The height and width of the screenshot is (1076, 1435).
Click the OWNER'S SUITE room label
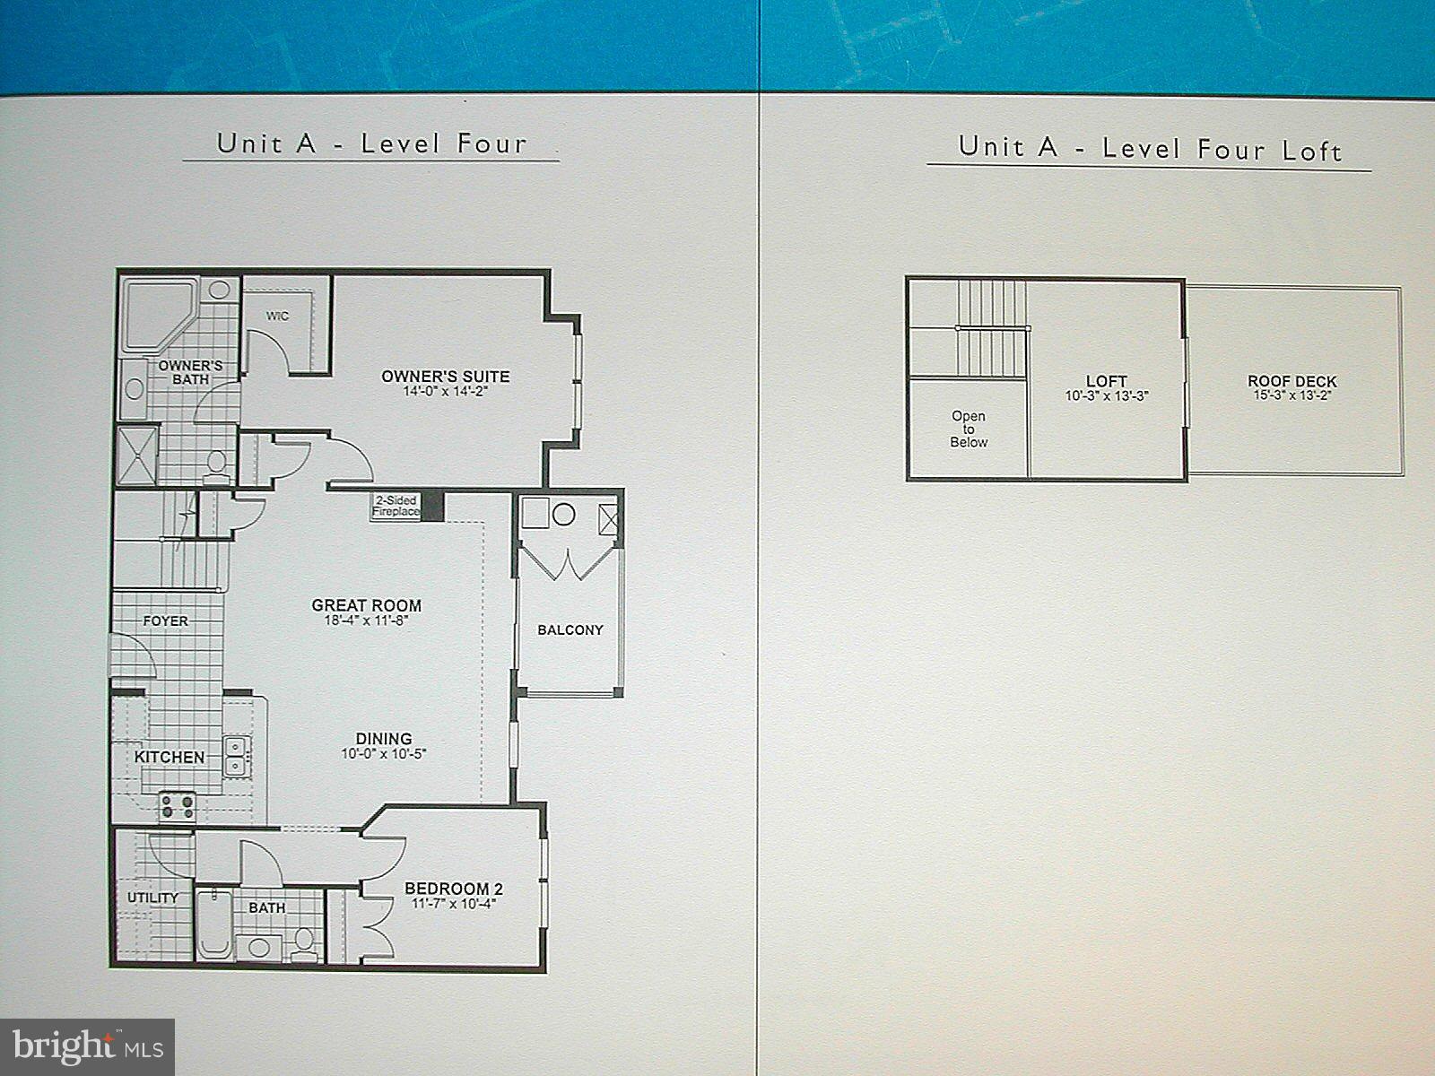(x=445, y=377)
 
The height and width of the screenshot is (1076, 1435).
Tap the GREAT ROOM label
(x=366, y=605)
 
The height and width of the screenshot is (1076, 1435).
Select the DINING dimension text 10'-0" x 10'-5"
(x=383, y=754)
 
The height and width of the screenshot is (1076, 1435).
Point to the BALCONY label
(x=570, y=630)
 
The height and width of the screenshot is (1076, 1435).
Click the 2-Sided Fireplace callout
(x=396, y=506)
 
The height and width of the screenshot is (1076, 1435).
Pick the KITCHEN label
(x=170, y=757)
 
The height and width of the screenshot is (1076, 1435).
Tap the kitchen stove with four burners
(x=178, y=806)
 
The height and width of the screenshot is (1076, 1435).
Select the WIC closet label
(x=277, y=317)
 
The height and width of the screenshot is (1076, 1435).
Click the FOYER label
(x=166, y=620)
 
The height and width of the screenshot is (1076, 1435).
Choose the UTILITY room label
(x=152, y=898)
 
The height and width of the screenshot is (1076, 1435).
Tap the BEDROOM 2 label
(x=453, y=889)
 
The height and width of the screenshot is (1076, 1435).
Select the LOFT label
(x=1106, y=381)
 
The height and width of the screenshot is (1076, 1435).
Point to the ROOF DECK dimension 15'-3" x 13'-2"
(x=1291, y=395)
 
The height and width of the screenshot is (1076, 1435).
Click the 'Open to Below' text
(x=969, y=429)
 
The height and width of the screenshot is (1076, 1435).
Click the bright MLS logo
(x=87, y=1046)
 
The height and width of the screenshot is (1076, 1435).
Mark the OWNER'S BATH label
(x=190, y=372)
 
